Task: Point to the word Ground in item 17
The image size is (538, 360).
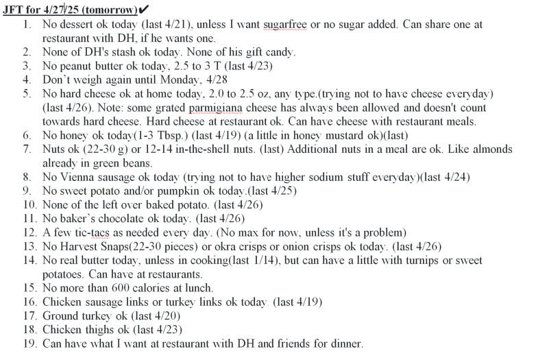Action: [x=60, y=315]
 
